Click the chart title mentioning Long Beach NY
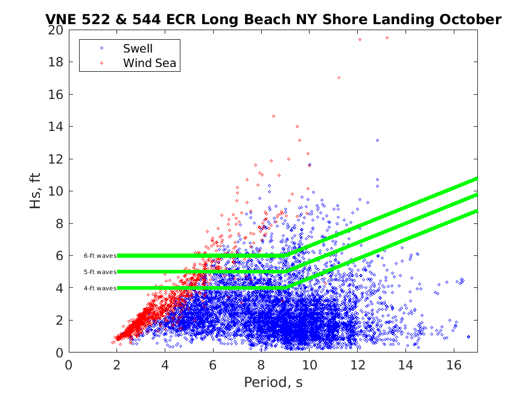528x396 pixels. click(x=273, y=19)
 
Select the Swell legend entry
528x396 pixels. click(x=138, y=48)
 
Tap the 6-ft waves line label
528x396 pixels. click(x=100, y=256)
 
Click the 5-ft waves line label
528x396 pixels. click(x=100, y=272)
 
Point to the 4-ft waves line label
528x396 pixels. click(x=100, y=288)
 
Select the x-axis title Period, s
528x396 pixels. click(x=273, y=382)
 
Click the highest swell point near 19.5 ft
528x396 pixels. click(x=387, y=37)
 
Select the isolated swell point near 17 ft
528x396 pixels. click(x=339, y=78)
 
